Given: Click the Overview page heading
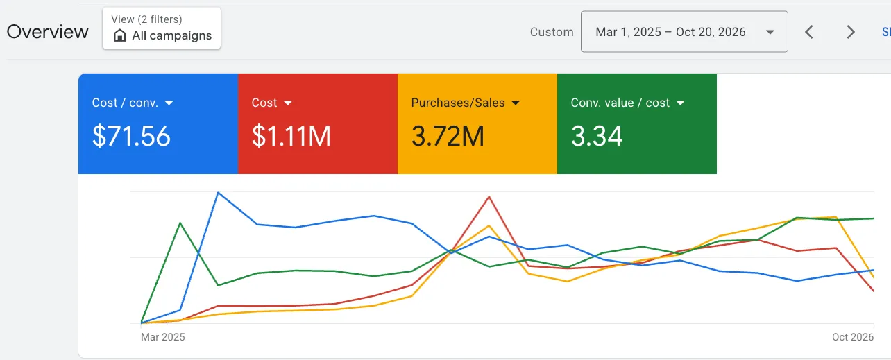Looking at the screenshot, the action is coord(47,32).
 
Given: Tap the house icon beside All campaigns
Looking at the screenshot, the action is coord(120,35).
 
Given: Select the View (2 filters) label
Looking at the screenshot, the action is coord(147,19).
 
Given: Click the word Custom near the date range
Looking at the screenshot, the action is coord(552,32).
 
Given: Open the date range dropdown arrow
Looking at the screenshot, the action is coord(770,32).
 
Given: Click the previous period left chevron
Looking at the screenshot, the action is coord(808,32).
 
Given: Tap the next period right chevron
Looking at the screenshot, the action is coord(851,32).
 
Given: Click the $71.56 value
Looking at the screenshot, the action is coord(131,136).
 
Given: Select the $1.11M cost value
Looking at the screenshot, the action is coord(291,136).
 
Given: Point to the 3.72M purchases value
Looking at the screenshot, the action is coord(448,136).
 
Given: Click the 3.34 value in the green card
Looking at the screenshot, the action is coord(597,136).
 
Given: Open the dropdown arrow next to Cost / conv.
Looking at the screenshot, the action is coord(169,103).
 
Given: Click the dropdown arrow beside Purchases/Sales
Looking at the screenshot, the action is coord(516,103).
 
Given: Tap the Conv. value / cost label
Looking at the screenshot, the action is coord(620,103).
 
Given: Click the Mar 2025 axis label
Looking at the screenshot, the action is coord(162,337).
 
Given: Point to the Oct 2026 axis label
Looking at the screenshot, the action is coord(853,337).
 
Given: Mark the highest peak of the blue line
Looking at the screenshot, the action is coord(219,193).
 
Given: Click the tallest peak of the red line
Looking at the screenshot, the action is coord(489,196).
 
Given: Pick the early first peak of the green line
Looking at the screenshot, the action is coord(180,223).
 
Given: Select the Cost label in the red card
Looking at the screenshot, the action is coord(264,103).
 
